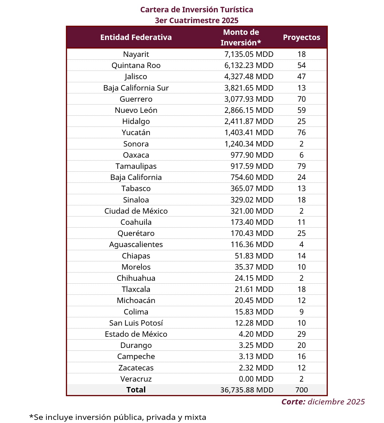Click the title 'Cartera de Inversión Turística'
[197, 10]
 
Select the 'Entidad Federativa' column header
[136, 37]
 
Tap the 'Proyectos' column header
[301, 37]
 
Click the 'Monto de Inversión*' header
[241, 37]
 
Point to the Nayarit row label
[136, 54]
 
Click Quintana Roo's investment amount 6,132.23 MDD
[249, 65]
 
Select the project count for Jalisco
[301, 77]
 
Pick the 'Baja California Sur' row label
[136, 88]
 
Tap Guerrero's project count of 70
[301, 99]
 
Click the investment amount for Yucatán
[249, 133]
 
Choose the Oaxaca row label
[136, 155]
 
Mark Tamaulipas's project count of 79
[301, 166]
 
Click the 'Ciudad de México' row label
[136, 211]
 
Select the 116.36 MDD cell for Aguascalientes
[252, 244]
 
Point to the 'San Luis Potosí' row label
[136, 323]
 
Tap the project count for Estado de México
[301, 334]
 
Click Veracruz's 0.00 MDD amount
[256, 379]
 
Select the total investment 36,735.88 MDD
[247, 390]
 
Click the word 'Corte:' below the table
[293, 402]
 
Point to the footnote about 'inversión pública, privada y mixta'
[118, 417]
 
